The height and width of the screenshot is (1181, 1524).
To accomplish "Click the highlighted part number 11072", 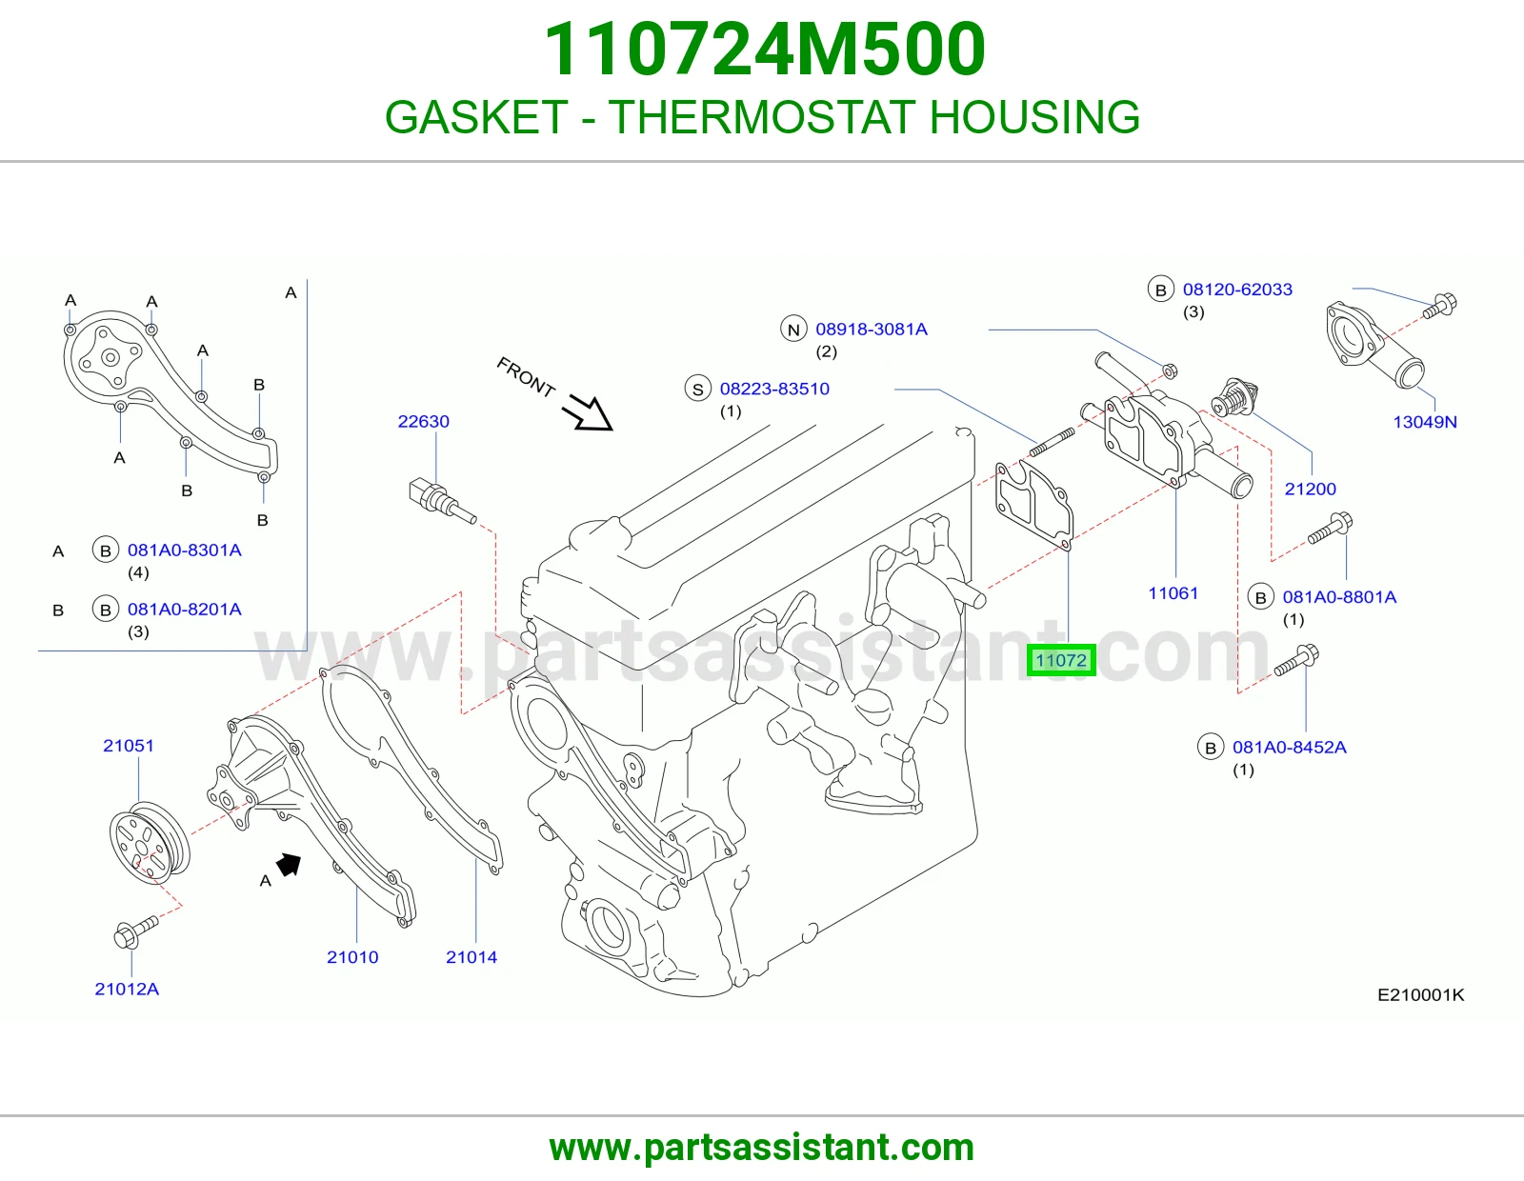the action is [x=1060, y=660].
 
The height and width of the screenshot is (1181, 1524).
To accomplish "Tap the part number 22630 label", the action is [x=423, y=422].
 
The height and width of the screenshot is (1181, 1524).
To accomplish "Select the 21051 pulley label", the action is [x=129, y=746].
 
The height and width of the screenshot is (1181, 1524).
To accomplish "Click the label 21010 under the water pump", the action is [x=352, y=956].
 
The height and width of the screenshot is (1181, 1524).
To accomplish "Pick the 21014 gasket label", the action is [x=471, y=956].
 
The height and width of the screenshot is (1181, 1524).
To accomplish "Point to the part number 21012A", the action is [x=127, y=989].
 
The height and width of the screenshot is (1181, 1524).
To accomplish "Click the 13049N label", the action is [x=1424, y=422].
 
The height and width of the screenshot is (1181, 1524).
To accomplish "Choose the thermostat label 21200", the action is [x=1310, y=489].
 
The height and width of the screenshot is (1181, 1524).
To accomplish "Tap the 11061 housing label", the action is [x=1173, y=593].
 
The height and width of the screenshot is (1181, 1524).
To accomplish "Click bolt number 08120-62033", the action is [x=1237, y=289].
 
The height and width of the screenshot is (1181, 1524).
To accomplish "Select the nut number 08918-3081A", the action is [x=871, y=329].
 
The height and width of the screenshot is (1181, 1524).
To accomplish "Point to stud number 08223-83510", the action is [x=774, y=389].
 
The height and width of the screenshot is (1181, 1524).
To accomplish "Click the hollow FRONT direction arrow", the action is [x=589, y=412].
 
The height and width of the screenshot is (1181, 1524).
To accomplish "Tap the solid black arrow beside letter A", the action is [x=289, y=864].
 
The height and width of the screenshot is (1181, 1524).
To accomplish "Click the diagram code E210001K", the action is [x=1420, y=994].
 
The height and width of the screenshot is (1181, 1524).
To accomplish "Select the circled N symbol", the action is [x=793, y=329].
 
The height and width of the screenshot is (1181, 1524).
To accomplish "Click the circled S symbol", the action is [x=697, y=390].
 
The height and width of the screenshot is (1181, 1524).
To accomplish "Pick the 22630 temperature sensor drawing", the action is [x=443, y=501].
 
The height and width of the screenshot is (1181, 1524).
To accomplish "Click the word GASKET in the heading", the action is [x=476, y=116].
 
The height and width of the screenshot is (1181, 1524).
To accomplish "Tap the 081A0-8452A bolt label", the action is [x=1289, y=747].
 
